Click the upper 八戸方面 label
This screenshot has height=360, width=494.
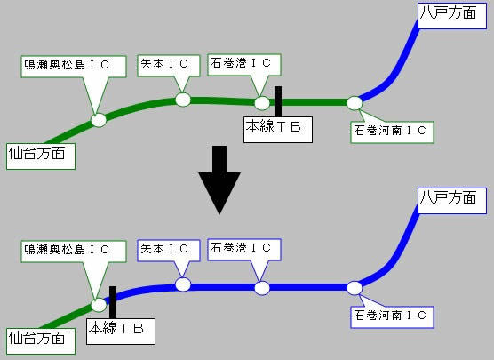[x=452, y=16]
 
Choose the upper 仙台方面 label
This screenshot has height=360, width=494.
[x=41, y=156]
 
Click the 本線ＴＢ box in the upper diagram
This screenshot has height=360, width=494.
[x=278, y=130]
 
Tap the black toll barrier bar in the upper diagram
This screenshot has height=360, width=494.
[x=278, y=101]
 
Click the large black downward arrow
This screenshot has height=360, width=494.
[x=219, y=180]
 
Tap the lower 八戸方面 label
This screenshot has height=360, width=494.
[x=452, y=201]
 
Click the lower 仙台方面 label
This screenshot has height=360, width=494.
[x=41, y=341]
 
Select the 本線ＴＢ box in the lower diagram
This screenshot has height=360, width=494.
[x=121, y=332]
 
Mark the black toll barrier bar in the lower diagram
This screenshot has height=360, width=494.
[x=113, y=302]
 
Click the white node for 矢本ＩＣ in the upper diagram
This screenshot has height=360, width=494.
[x=183, y=100]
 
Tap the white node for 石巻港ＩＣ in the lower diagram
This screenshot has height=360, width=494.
[x=262, y=288]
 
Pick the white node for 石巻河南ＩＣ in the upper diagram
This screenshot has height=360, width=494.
[x=355, y=103]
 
